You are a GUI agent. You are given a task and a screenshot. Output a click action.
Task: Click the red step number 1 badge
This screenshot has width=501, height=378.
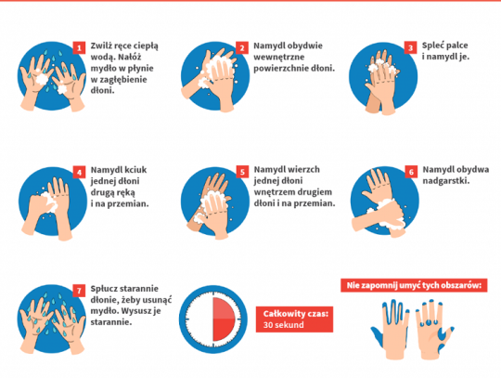click(79, 48)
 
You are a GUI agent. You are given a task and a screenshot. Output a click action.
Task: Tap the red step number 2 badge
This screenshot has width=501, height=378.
click(242, 48)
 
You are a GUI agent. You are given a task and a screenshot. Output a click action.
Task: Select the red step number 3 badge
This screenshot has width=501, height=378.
click(411, 48)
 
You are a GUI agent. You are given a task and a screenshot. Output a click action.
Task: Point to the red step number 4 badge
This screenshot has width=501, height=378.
click(79, 173)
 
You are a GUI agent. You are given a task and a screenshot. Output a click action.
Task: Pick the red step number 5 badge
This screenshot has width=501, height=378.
click(242, 172)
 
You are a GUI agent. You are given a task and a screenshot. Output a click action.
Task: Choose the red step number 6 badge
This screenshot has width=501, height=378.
click(411, 172)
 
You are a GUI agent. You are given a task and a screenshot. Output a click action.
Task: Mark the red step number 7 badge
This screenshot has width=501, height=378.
click(79, 291)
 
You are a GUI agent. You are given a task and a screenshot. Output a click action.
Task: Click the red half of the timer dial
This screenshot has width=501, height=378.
click(224, 319)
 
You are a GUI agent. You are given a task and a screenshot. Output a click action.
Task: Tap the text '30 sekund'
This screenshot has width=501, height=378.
click(283, 325)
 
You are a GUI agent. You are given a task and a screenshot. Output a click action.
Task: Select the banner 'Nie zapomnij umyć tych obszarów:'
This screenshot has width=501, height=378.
click(414, 285)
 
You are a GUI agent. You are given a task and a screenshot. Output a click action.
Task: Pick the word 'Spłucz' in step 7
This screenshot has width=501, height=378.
click(103, 289)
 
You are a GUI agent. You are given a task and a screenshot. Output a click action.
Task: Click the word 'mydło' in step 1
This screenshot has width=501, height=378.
click(102, 69)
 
